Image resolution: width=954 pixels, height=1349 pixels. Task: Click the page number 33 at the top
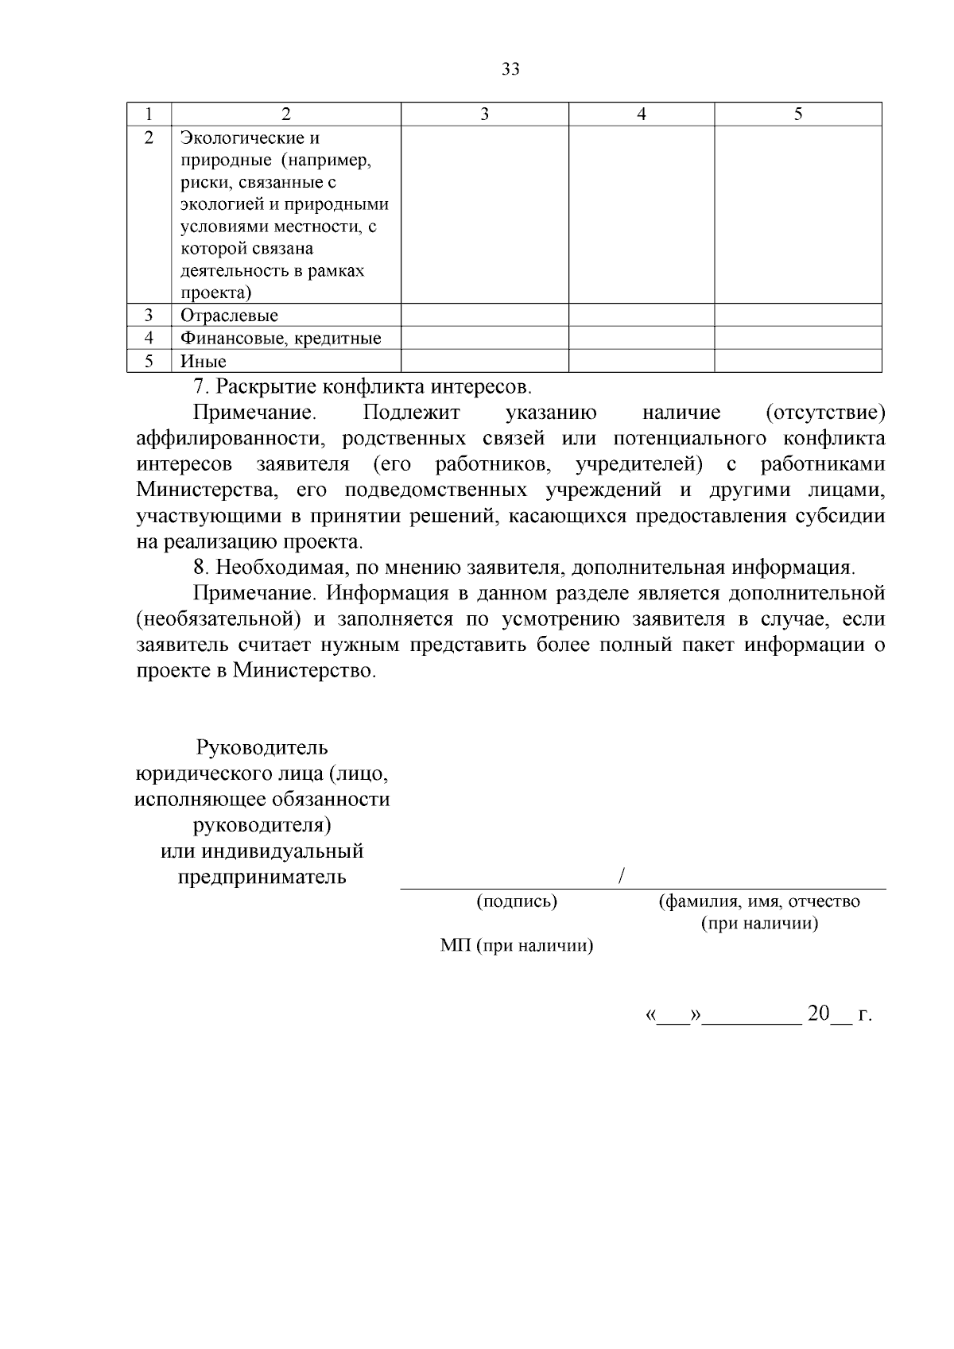pyautogui.click(x=511, y=70)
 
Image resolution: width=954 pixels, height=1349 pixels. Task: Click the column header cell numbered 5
pyautogui.click(x=798, y=114)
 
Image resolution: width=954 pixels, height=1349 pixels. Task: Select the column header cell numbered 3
pyautogui.click(x=484, y=114)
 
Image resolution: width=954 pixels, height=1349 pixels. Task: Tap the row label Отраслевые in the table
pyautogui.click(x=229, y=316)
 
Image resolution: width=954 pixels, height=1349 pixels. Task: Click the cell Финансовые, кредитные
pyautogui.click(x=281, y=339)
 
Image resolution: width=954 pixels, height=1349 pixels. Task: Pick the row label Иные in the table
pyautogui.click(x=204, y=362)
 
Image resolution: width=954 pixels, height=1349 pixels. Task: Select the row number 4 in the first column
pyautogui.click(x=149, y=339)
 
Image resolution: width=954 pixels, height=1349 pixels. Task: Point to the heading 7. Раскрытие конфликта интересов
pyautogui.click(x=362, y=388)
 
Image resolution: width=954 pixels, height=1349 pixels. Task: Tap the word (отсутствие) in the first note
pyautogui.click(x=824, y=413)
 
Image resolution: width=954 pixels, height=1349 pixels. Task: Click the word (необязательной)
pyautogui.click(x=218, y=620)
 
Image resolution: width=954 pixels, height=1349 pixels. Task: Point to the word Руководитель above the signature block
pyautogui.click(x=262, y=748)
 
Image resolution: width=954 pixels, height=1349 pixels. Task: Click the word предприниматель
pyautogui.click(x=262, y=878)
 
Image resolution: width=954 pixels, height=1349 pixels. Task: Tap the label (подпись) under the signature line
pyautogui.click(x=517, y=901)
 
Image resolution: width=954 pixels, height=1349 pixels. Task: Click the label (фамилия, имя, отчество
pyautogui.click(x=759, y=901)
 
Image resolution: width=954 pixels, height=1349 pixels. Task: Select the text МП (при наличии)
pyautogui.click(x=517, y=946)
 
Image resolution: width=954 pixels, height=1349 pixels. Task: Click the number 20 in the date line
pyautogui.click(x=818, y=1014)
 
